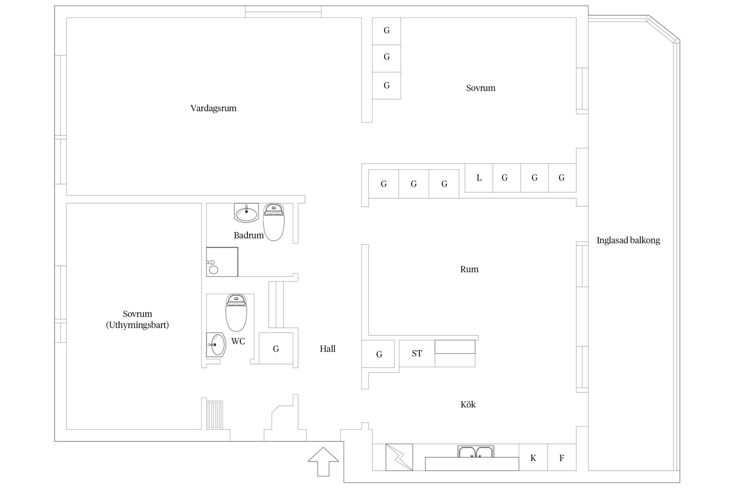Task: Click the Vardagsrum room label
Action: pyautogui.click(x=213, y=108)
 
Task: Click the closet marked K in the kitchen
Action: pyautogui.click(x=533, y=458)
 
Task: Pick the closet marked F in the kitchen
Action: pyautogui.click(x=562, y=458)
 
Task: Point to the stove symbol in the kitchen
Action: pyautogui.click(x=399, y=457)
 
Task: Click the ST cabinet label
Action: pyautogui.click(x=417, y=353)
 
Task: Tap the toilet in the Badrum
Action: pyautogui.click(x=274, y=222)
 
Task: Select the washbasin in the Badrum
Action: pyautogui.click(x=246, y=213)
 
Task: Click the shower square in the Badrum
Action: pyautogui.click(x=222, y=262)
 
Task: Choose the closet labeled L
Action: pyautogui.click(x=479, y=178)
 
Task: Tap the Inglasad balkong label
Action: pyautogui.click(x=628, y=240)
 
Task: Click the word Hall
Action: pyautogui.click(x=328, y=348)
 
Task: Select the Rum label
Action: pyautogui.click(x=469, y=269)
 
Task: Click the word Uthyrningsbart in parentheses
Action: pyautogui.click(x=137, y=325)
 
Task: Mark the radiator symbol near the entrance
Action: pyautogui.click(x=215, y=415)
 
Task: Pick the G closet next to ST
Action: pyautogui.click(x=379, y=354)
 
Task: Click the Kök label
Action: pyautogui.click(x=468, y=405)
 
